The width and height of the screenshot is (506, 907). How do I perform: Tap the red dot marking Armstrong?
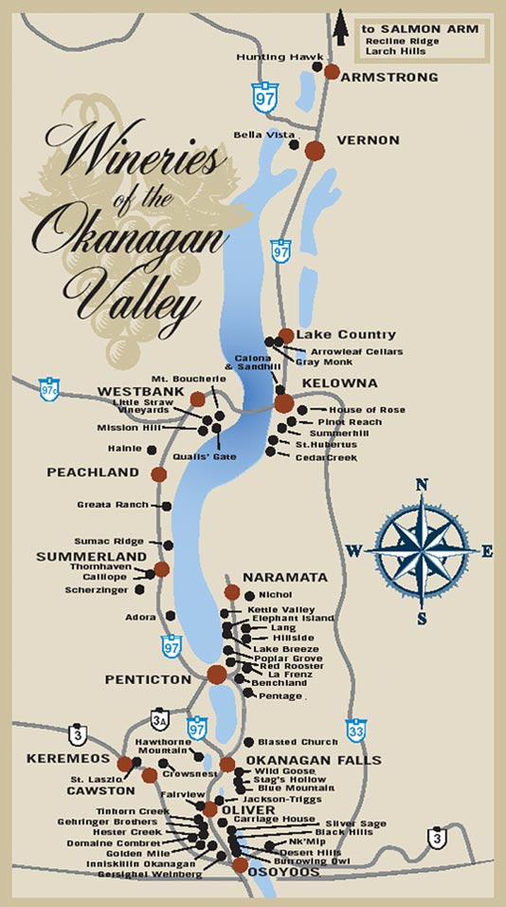pos(332,71)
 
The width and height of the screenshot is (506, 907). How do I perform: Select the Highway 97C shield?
pos(49,390)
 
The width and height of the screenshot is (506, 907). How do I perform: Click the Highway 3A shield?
pos(158,720)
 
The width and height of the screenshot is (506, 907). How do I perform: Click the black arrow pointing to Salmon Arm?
pos(339,26)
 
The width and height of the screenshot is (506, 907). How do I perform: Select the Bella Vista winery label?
pos(261,135)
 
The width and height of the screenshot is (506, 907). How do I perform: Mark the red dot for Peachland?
pos(158,473)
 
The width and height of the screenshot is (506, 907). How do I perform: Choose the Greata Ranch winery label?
pos(118,506)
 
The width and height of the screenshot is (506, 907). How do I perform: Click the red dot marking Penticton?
pos(217,675)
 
